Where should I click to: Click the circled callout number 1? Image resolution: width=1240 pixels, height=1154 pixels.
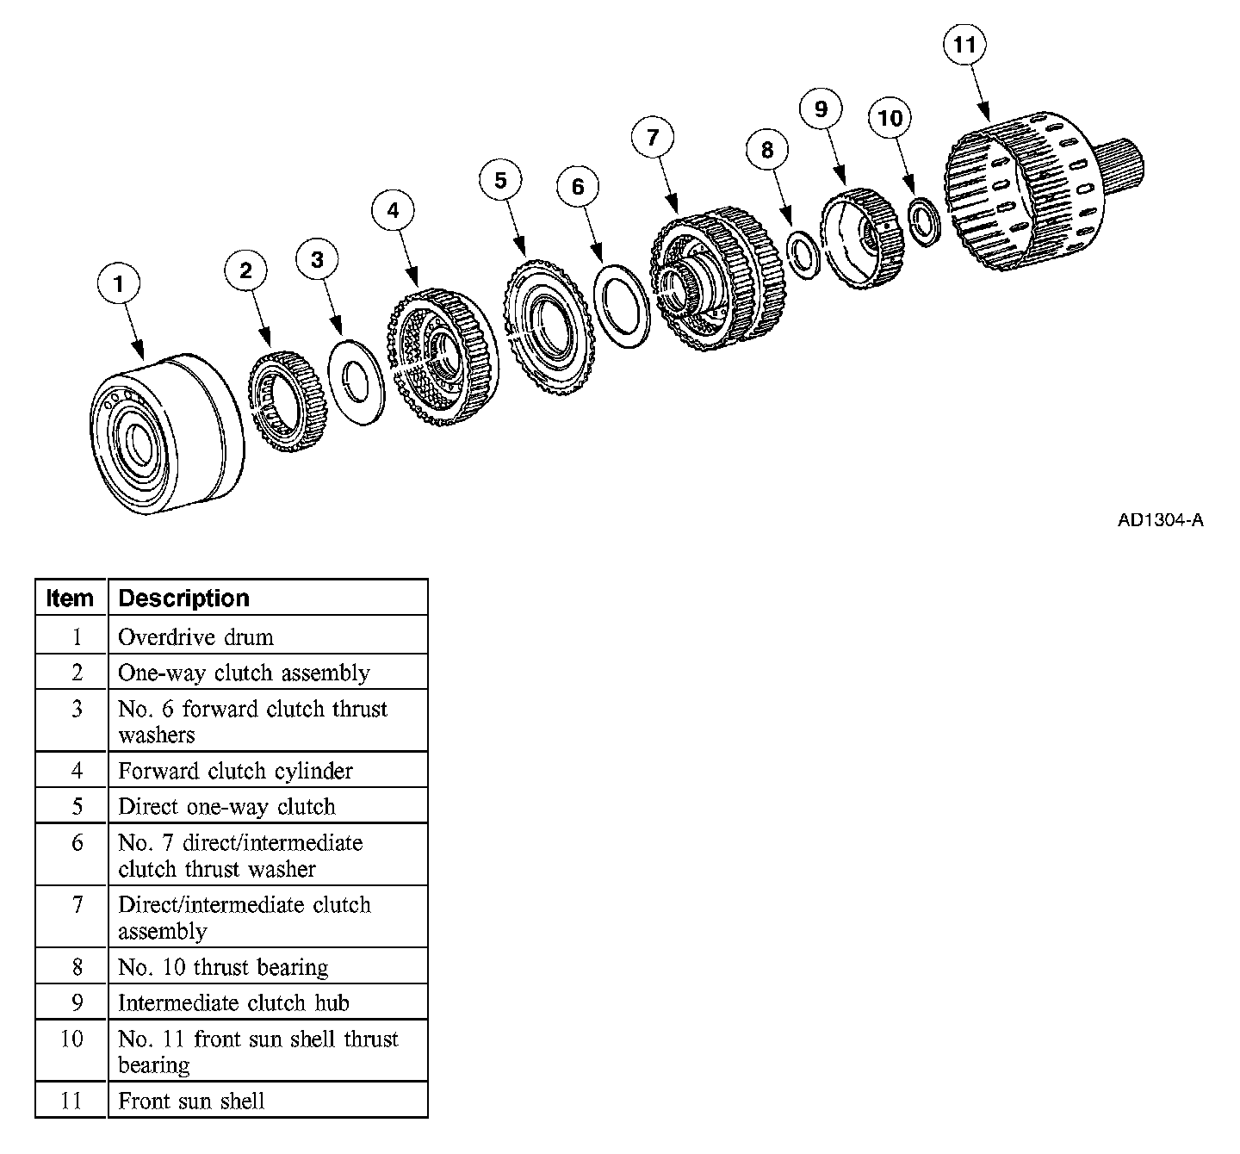119,284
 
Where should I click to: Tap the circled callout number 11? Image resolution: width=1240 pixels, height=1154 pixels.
964,44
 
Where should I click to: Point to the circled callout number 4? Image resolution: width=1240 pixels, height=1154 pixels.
393,211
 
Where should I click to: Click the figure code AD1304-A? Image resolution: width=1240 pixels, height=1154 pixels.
1160,520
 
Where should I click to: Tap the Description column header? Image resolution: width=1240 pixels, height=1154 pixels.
183,598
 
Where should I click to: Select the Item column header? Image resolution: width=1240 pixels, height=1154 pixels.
70,598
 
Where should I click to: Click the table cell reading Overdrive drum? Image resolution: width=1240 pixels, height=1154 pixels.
195,637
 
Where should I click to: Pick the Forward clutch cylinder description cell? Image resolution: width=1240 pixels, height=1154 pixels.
235,771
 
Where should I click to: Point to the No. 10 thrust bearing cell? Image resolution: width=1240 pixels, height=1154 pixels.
223,967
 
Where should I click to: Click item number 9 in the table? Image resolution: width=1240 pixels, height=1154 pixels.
77,1002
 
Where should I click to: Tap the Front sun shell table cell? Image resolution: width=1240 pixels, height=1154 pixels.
191,1101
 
